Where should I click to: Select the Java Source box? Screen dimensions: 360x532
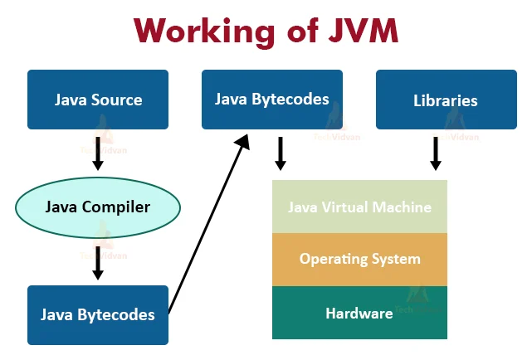point(98,100)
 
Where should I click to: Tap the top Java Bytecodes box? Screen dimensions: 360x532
point(272,100)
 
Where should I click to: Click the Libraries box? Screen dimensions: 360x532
point(446,100)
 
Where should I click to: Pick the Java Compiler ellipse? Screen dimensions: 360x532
point(98,207)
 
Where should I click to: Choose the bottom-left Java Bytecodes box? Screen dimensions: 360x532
point(98,314)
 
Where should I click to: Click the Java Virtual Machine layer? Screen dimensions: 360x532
point(359,207)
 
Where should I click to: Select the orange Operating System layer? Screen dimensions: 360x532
point(359,259)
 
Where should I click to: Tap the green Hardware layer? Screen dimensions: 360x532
point(359,313)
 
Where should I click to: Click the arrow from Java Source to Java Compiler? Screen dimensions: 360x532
point(98,153)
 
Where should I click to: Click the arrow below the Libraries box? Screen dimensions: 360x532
point(436,153)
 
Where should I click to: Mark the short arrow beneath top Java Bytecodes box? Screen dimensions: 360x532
point(281,153)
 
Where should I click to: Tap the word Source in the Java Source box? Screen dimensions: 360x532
point(117,100)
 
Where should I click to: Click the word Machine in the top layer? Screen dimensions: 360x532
point(403,207)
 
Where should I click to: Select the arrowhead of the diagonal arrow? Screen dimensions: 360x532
point(243,141)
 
